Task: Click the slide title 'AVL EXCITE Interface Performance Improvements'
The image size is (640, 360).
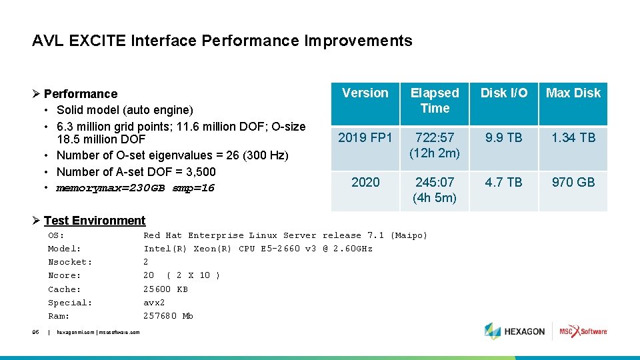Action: [222, 41]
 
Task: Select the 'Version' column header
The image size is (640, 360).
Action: [365, 93]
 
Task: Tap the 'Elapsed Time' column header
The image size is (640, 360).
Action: [435, 101]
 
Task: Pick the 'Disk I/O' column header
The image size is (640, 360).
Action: [504, 93]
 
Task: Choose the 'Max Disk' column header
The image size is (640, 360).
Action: [573, 93]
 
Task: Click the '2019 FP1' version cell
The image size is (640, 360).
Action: [365, 138]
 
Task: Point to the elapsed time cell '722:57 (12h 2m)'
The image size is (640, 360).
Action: [435, 145]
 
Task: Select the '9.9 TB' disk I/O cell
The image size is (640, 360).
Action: [504, 138]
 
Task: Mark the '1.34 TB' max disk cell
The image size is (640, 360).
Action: [573, 138]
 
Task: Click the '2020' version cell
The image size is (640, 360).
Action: [365, 183]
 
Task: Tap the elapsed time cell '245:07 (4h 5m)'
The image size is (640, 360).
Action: [435, 190]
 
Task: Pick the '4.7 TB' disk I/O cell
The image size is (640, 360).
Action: [504, 183]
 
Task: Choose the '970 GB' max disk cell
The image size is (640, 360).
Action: [573, 183]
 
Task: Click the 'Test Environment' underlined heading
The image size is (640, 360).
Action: [94, 221]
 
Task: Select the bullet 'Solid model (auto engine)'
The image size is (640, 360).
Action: [125, 110]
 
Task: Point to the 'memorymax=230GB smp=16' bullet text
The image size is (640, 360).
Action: [135, 188]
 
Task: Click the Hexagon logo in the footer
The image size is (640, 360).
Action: [515, 331]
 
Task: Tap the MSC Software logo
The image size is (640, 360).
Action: [583, 331]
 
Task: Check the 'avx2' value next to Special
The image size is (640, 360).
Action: [155, 303]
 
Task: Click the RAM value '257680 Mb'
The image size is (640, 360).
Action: [168, 316]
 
